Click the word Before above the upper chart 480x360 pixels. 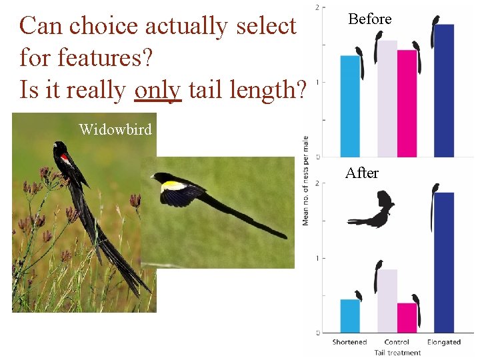(x=370, y=19)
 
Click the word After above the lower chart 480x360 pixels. (x=362, y=173)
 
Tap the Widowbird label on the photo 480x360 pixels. (x=115, y=129)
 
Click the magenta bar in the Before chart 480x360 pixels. (x=407, y=103)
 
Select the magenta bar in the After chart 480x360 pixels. (x=407, y=317)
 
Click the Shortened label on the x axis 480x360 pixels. (x=350, y=342)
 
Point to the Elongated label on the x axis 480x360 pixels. (x=444, y=342)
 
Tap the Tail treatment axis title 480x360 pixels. (x=397, y=353)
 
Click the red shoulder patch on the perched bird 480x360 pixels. (x=65, y=158)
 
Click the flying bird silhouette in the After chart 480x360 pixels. (x=373, y=211)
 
